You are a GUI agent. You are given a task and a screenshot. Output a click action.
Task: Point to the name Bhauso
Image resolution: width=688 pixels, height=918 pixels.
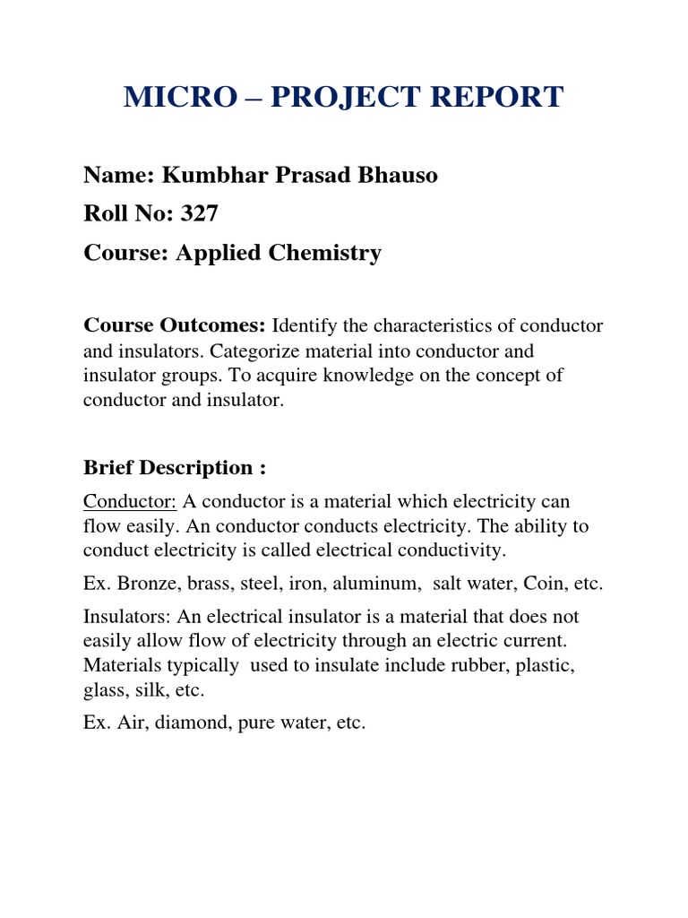coord(400,175)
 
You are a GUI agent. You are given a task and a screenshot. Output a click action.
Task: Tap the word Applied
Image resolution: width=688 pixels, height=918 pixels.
coord(218,253)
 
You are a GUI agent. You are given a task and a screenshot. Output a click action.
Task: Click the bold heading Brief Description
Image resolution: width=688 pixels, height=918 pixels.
coord(174,468)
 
